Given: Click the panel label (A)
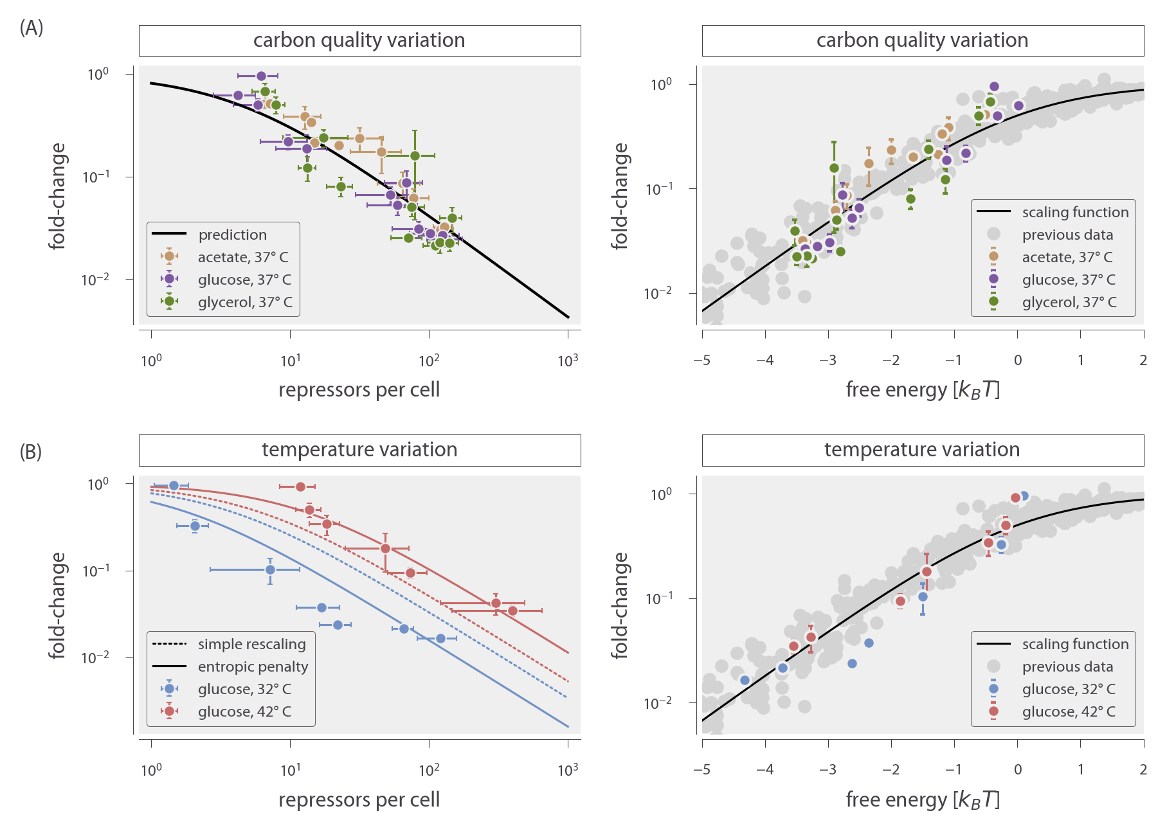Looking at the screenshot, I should point(32,28).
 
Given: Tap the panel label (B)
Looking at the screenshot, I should point(31,452).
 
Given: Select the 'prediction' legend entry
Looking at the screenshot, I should point(232,235).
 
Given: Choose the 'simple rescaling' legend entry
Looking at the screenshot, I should point(251,644).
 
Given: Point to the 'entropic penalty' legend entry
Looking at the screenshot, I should point(253,666).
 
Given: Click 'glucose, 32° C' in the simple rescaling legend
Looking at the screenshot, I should point(244,689).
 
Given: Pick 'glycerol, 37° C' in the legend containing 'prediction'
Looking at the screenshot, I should point(244,302).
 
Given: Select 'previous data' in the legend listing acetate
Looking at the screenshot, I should point(1067,235).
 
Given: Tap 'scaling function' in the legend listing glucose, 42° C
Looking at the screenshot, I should point(1075,644).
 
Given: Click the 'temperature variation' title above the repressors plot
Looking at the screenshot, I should point(359,450).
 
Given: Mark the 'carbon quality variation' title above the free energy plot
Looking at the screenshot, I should point(922,40).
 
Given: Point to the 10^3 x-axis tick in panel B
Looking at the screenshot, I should point(568,769).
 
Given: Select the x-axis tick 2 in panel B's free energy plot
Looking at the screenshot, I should point(1143,769).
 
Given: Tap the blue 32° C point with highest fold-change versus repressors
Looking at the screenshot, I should point(174,485).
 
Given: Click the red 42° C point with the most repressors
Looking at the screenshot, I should point(512,611).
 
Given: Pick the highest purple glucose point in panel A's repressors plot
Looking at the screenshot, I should point(261,76).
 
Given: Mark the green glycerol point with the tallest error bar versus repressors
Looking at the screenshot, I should point(415,156).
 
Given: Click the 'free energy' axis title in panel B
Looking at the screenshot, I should point(922,800).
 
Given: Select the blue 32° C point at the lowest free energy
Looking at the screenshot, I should point(745,680).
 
